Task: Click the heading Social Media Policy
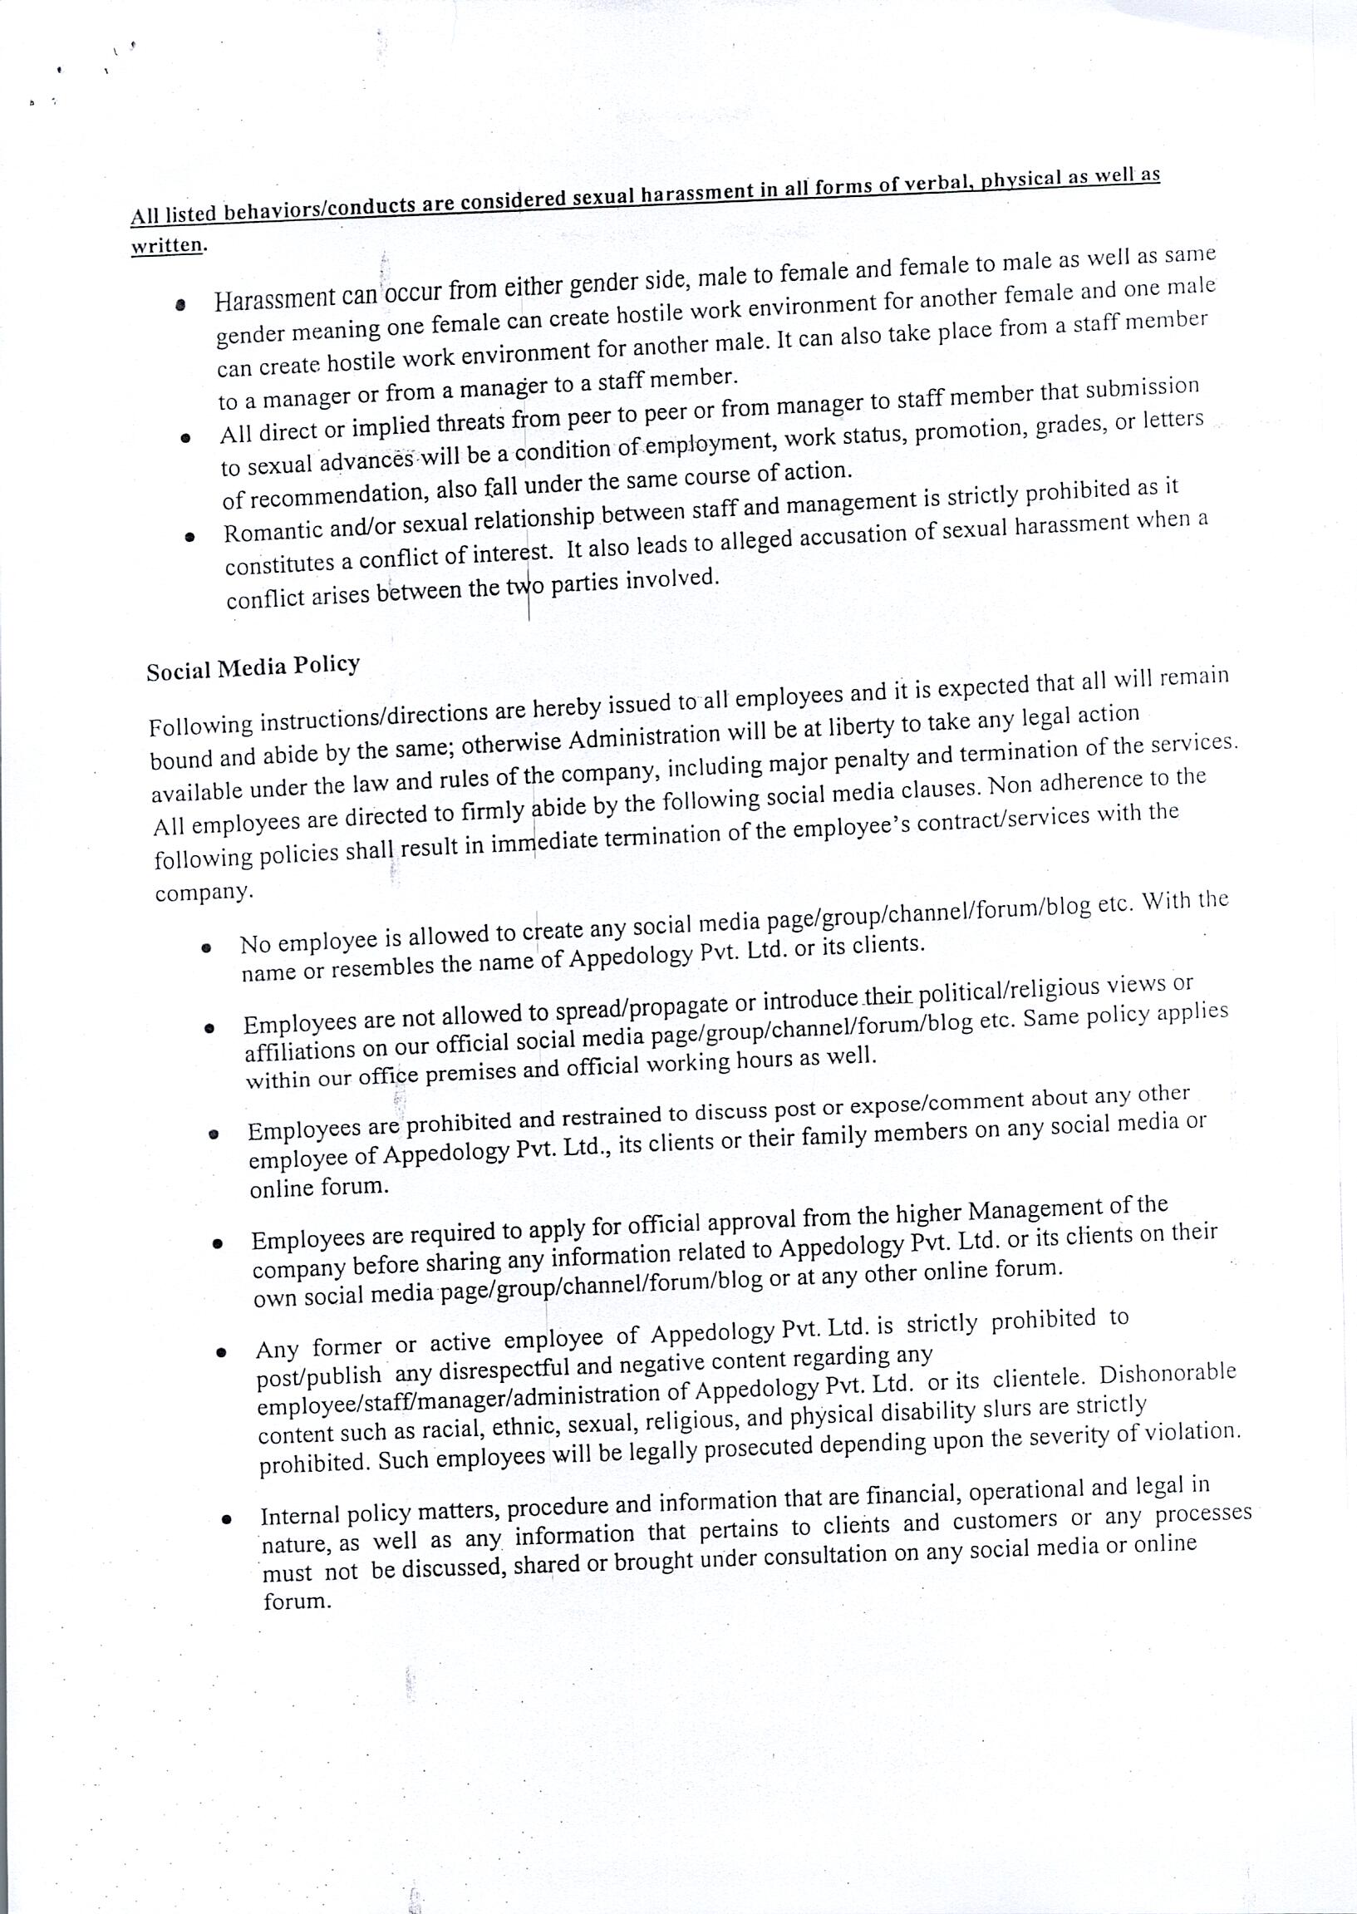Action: pyautogui.click(x=253, y=667)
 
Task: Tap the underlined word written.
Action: pyautogui.click(x=167, y=247)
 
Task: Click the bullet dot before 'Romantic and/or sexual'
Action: pyautogui.click(x=190, y=538)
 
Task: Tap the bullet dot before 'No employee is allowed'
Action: pyautogui.click(x=204, y=947)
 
